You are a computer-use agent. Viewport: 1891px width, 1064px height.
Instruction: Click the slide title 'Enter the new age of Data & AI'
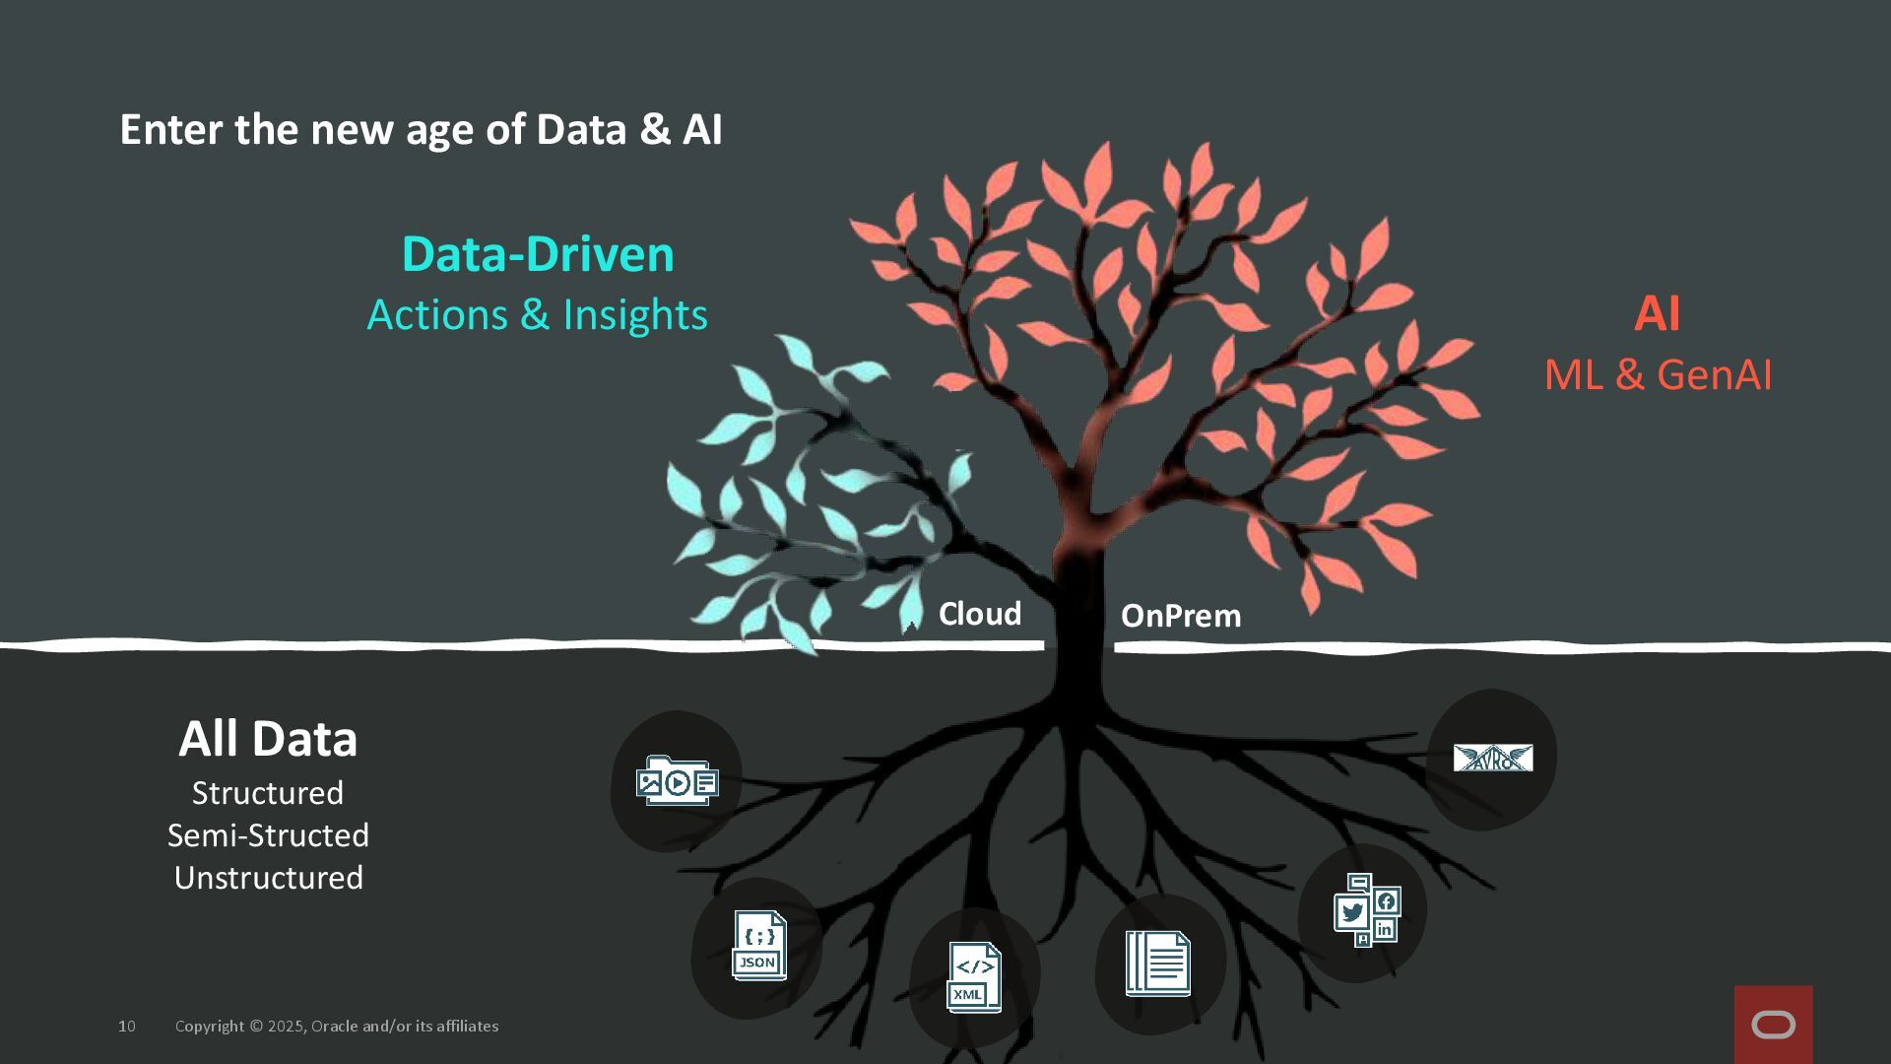(x=421, y=130)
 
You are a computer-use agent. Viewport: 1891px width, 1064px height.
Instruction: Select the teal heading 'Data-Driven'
(x=538, y=254)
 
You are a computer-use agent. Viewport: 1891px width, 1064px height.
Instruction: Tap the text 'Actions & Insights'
(x=537, y=315)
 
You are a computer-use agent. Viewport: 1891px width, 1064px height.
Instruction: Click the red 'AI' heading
(x=1657, y=314)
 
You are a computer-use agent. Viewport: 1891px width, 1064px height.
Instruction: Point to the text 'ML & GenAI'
(x=1658, y=375)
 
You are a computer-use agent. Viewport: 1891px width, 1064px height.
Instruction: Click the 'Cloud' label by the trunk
(x=979, y=614)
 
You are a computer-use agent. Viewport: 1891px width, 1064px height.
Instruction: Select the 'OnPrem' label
(x=1180, y=616)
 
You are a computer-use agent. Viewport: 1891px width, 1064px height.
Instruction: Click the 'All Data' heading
(x=268, y=739)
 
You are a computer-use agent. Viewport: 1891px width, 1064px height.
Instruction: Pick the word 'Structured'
(x=268, y=793)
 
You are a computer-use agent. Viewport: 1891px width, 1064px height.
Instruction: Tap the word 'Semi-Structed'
(x=268, y=835)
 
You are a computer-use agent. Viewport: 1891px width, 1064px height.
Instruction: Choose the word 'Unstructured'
(x=268, y=878)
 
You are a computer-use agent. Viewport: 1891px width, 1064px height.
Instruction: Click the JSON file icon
(x=758, y=946)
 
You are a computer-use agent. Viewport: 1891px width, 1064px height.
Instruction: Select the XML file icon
(x=974, y=977)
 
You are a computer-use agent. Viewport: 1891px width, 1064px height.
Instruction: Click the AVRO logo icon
(x=1492, y=758)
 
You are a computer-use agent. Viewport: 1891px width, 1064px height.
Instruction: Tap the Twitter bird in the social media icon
(x=1352, y=912)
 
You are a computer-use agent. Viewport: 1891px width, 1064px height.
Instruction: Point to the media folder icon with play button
(x=677, y=782)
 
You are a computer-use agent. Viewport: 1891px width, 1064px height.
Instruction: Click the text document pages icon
(x=1157, y=963)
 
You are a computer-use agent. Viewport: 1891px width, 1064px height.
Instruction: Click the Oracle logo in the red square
(x=1773, y=1026)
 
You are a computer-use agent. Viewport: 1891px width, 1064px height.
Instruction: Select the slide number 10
(x=127, y=1027)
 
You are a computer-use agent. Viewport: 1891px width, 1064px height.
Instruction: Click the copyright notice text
(x=337, y=1027)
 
